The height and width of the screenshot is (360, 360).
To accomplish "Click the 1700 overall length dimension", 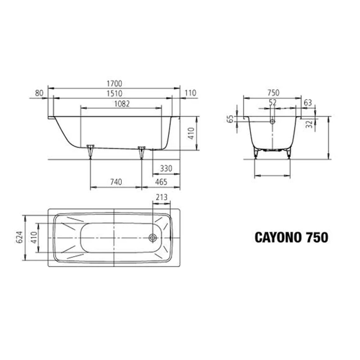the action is (x=114, y=83).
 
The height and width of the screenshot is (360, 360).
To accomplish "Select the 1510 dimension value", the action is (x=114, y=94).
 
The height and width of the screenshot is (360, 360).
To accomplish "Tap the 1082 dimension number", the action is (x=122, y=104).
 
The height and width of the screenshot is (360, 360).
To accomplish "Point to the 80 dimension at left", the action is (x=39, y=93).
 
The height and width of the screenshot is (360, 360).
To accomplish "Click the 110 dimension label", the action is (x=191, y=93).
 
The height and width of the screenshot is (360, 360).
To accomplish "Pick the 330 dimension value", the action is (x=166, y=169).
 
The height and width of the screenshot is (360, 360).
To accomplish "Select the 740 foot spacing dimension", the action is (x=116, y=182).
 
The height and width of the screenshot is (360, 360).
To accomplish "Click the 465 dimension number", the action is (x=161, y=182).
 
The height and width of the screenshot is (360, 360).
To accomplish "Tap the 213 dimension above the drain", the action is (x=161, y=197).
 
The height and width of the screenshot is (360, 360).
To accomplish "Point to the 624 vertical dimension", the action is (x=20, y=237).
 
